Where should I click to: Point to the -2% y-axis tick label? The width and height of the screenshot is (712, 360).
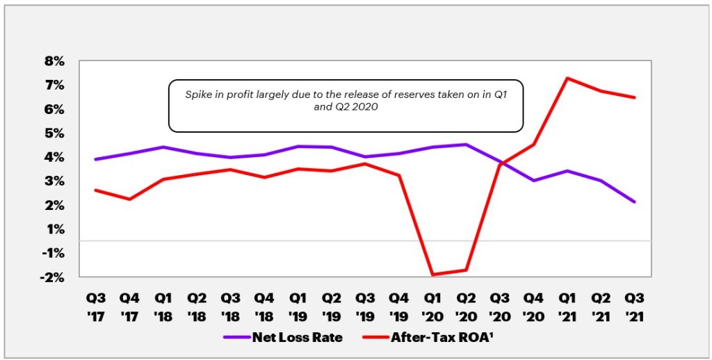(x=52, y=277)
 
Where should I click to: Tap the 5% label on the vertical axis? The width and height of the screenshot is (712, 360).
(x=54, y=133)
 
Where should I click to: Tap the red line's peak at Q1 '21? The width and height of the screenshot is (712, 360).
(x=567, y=78)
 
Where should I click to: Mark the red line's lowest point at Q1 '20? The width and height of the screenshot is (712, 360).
(x=432, y=275)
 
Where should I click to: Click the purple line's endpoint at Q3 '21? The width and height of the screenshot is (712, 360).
(x=634, y=202)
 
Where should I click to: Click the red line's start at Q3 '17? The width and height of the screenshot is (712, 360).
(x=96, y=190)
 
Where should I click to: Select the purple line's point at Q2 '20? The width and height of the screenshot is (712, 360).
(x=466, y=145)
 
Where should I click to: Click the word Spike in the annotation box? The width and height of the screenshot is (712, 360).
(x=198, y=94)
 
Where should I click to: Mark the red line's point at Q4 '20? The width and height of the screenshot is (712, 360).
(x=533, y=145)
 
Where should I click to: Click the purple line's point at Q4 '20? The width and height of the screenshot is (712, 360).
(x=533, y=181)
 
